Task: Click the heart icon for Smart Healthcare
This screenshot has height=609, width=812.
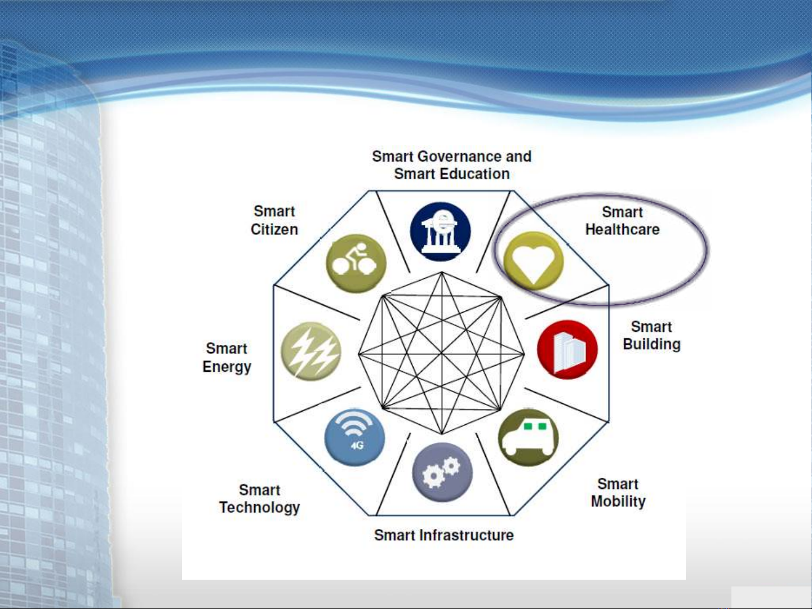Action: coord(534,261)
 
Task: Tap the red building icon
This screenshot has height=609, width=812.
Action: coord(567,350)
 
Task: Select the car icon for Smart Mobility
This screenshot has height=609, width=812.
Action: coord(528,438)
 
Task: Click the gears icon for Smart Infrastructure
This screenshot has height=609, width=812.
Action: coord(442,472)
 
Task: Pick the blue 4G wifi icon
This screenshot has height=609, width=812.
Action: coord(354,437)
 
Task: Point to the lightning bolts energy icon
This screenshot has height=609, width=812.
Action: coord(311,352)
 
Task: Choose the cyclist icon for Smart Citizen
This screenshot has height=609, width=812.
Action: coord(356,264)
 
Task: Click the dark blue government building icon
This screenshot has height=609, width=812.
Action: coord(440,232)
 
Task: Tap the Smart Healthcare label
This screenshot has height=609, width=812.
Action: coord(622,221)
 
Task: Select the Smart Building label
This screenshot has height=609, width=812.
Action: coord(652,335)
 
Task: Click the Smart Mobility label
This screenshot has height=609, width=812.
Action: coord(618,493)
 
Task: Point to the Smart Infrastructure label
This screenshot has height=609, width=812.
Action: coord(444,535)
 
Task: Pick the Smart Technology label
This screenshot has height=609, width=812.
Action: coord(259,499)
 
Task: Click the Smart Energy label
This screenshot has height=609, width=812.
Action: coord(227,358)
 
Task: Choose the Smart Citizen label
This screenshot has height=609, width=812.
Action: coord(274,220)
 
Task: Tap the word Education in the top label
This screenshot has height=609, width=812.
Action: coord(475,174)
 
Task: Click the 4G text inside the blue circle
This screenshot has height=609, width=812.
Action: coord(357,446)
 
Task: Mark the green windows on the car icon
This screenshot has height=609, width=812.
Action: coord(535,426)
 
